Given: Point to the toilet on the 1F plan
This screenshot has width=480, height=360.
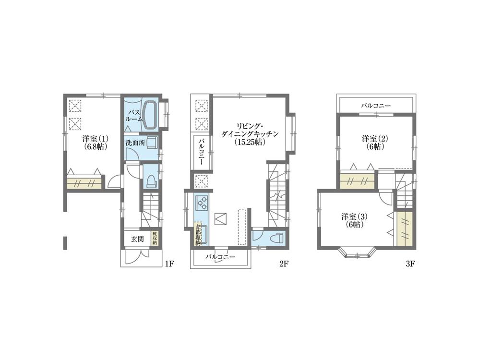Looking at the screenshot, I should (x=150, y=180).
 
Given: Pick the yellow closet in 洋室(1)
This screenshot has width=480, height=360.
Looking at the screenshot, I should (x=84, y=183).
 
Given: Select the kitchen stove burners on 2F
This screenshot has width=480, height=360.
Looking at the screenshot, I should (x=201, y=203).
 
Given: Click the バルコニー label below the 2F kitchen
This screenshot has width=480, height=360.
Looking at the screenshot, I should (x=220, y=257).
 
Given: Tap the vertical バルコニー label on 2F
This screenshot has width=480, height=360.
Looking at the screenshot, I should (x=202, y=152).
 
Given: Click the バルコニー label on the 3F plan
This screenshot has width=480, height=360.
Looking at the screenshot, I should (x=376, y=105).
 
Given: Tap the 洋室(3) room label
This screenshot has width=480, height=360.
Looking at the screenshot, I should (x=355, y=220).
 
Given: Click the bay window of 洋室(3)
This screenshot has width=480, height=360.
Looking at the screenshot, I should (x=357, y=252).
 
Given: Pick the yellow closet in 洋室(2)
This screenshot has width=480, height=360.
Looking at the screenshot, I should (x=357, y=181).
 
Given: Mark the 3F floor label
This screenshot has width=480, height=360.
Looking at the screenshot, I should (x=409, y=264).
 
